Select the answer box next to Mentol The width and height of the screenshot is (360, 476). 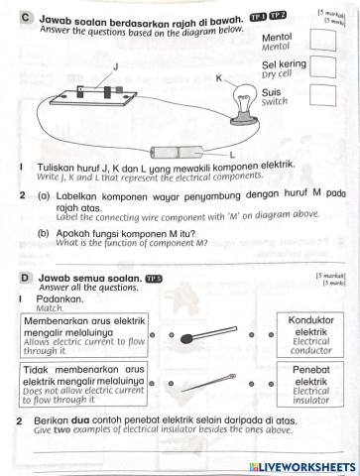click(320, 41)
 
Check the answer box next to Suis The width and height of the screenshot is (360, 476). click(320, 95)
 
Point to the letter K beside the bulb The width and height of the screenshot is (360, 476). click(219, 76)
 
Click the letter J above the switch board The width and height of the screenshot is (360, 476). click(115, 65)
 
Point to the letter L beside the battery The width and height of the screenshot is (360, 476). click(232, 155)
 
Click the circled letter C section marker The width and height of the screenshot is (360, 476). click(25, 17)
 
